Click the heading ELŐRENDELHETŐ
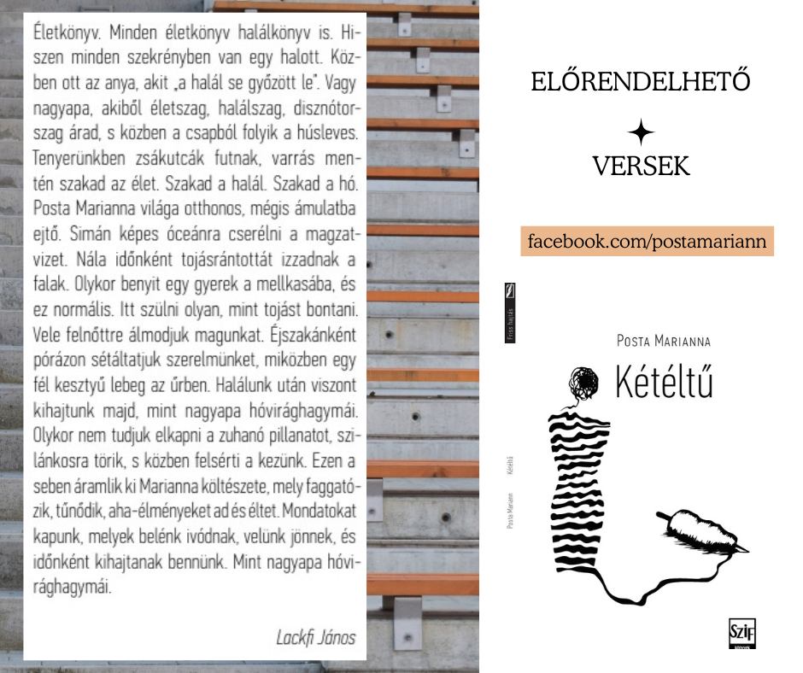tap(640, 82)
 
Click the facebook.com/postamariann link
tap(647, 241)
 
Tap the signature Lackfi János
tap(315, 638)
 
